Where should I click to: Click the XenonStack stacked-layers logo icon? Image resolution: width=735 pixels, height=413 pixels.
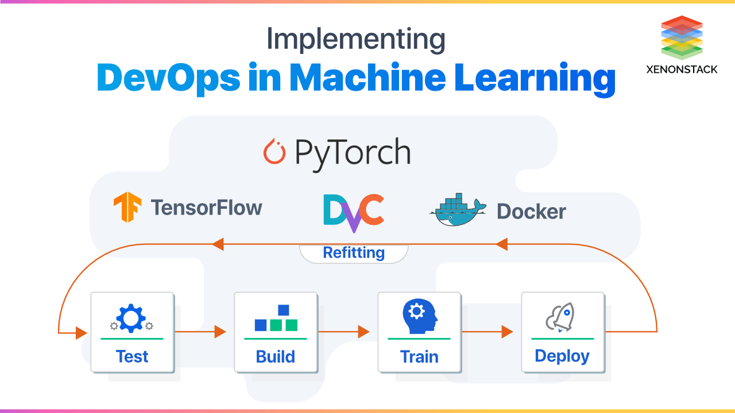[x=682, y=38]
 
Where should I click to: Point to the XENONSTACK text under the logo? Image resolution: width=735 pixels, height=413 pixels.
[x=682, y=69]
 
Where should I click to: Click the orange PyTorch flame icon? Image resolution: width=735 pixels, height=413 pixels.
[x=274, y=152]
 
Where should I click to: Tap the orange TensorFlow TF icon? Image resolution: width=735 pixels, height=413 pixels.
[x=127, y=208]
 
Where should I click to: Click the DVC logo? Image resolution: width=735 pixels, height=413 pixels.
[x=353, y=212]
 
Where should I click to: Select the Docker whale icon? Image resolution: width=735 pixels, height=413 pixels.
[x=457, y=210]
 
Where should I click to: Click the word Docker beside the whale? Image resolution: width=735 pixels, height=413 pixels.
[x=531, y=212]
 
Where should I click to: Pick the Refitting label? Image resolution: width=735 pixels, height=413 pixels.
[x=354, y=253]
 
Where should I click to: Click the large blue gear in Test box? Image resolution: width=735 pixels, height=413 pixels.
[x=131, y=318]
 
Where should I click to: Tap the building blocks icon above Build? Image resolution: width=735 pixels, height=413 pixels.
[x=276, y=318]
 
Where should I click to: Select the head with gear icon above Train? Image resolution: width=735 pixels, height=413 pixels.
[x=419, y=318]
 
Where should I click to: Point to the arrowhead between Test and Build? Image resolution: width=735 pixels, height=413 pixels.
[x=220, y=332]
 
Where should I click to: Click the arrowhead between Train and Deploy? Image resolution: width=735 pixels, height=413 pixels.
[x=506, y=332]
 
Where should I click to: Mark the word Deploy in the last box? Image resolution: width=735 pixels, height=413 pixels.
[x=562, y=356]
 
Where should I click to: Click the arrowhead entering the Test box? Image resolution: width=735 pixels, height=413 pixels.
[x=81, y=332]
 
